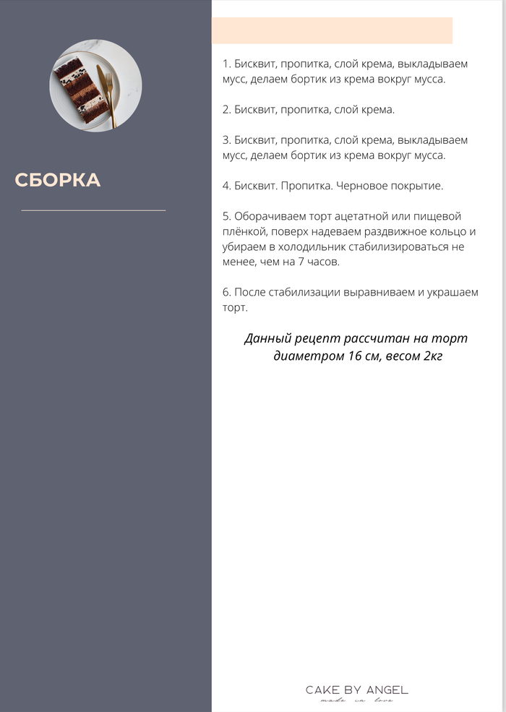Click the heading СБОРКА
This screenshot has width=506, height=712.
(58, 180)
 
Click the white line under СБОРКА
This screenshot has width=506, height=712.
(93, 210)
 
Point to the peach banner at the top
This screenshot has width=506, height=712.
(332, 30)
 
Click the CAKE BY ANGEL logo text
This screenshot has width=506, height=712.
(356, 690)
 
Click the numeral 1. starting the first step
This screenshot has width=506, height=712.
(226, 64)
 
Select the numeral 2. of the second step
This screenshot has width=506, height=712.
(226, 109)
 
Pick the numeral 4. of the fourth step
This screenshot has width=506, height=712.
(226, 186)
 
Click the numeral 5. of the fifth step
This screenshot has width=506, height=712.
(226, 216)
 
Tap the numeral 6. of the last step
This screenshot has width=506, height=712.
(226, 293)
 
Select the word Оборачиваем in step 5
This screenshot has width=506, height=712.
(267, 216)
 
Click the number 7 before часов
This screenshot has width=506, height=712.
(301, 262)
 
